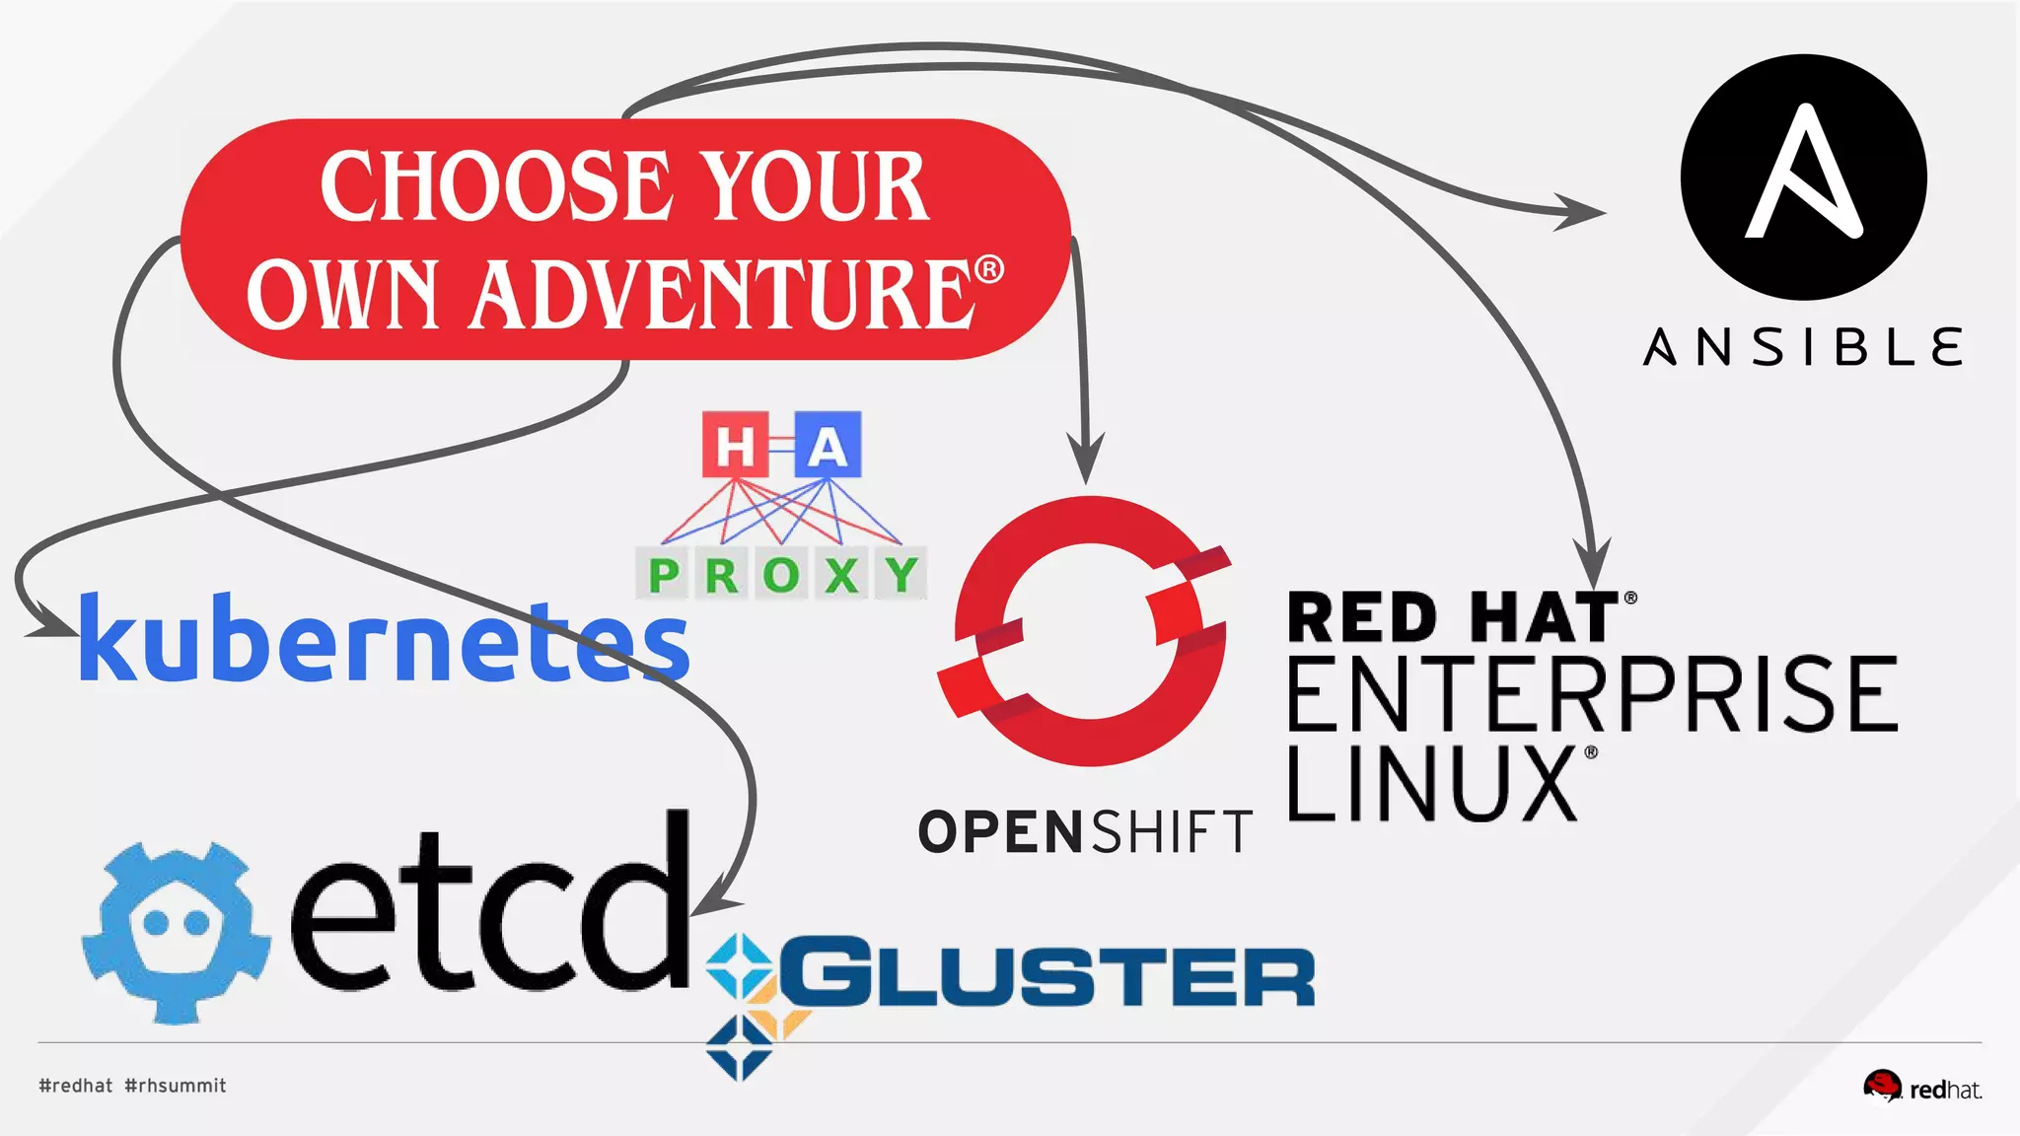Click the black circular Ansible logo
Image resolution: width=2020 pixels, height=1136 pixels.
1803,177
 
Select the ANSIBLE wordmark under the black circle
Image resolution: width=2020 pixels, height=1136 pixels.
1803,348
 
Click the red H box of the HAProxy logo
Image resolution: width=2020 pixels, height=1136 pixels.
735,446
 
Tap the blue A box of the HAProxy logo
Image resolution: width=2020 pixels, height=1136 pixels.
828,446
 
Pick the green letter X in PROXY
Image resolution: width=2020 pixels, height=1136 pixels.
841,574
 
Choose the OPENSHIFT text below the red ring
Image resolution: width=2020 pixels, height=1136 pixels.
1085,831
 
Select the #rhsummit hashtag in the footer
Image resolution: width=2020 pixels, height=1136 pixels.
176,1086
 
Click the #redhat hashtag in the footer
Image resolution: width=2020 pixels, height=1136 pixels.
76,1086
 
